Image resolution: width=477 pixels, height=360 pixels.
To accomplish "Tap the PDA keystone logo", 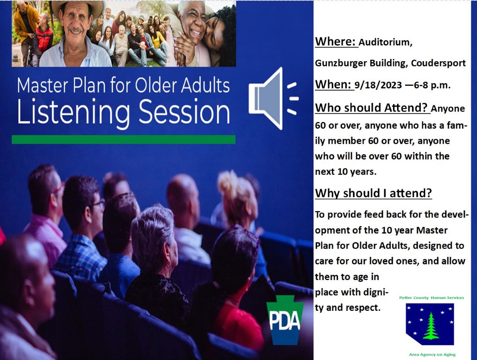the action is [285, 320].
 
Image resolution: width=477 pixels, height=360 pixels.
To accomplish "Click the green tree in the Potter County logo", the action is [431, 326].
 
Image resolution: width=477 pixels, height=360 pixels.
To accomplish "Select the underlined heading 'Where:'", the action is [336, 42].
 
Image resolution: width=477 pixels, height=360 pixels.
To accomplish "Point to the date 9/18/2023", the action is [378, 85].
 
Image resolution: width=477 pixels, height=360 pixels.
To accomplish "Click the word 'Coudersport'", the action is [438, 63].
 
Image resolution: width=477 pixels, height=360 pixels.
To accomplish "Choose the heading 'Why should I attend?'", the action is [373, 193].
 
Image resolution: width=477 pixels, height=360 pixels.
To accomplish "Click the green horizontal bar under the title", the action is [124, 140].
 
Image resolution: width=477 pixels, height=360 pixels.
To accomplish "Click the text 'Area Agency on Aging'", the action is [432, 354].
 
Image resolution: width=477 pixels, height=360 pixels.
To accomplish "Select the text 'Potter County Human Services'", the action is [431, 297].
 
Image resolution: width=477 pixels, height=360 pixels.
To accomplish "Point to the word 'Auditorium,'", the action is [385, 42].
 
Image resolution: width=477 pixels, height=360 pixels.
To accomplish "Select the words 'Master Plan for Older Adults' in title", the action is [124, 85].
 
